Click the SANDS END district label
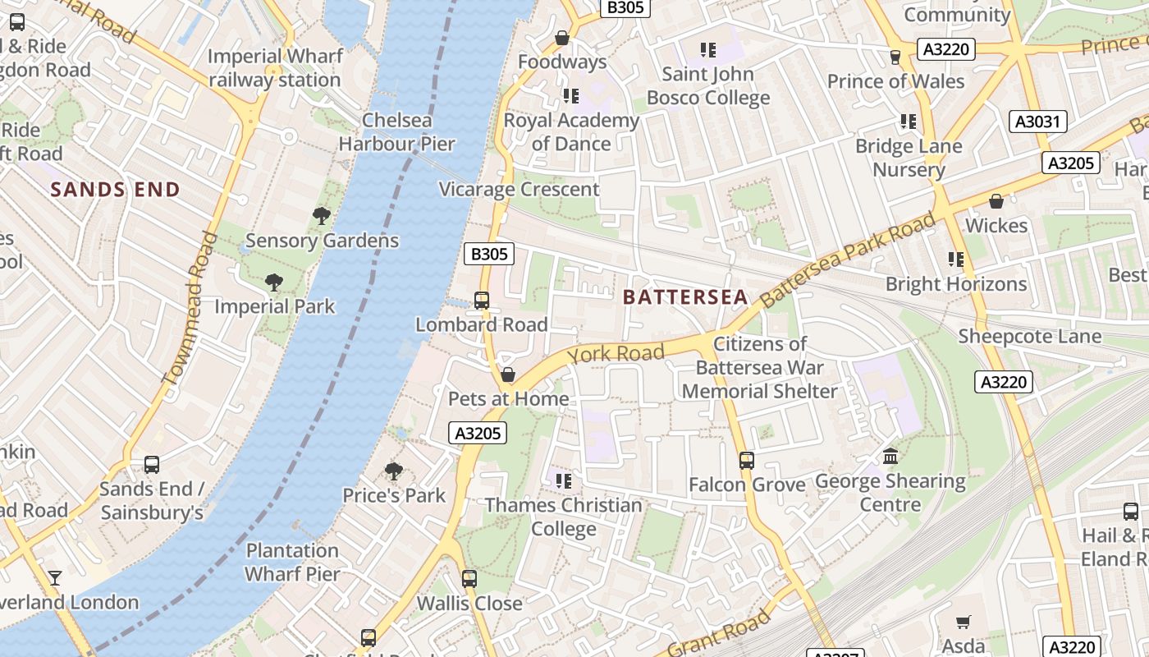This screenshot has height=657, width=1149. pos(115,190)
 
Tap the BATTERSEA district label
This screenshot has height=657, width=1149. pos(685,297)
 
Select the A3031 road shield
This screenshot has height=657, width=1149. pos(1037,122)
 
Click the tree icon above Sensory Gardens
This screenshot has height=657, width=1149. pos(322,216)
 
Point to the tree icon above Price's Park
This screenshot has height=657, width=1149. pos(394,471)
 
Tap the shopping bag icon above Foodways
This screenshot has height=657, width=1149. pos(562,38)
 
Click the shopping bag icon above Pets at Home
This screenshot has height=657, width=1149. pos(508,375)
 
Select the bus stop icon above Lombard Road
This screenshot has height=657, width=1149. pos(482,301)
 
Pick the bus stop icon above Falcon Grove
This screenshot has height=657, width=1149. pos(746,461)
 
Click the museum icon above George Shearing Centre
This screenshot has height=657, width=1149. pos(890,456)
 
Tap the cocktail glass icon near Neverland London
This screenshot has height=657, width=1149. pos(54,577)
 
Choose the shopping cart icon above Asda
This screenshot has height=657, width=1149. pos(964,623)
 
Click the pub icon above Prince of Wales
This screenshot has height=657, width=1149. pos(895,57)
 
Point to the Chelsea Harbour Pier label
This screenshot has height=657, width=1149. pos(397,131)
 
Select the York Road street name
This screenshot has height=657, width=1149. pos(616,354)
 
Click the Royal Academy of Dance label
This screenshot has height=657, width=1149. pos(571,131)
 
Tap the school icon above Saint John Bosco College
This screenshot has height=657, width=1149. pos(708,50)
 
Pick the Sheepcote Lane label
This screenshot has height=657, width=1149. pos(1030,336)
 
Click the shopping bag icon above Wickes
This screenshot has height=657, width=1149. pos(996,201)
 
